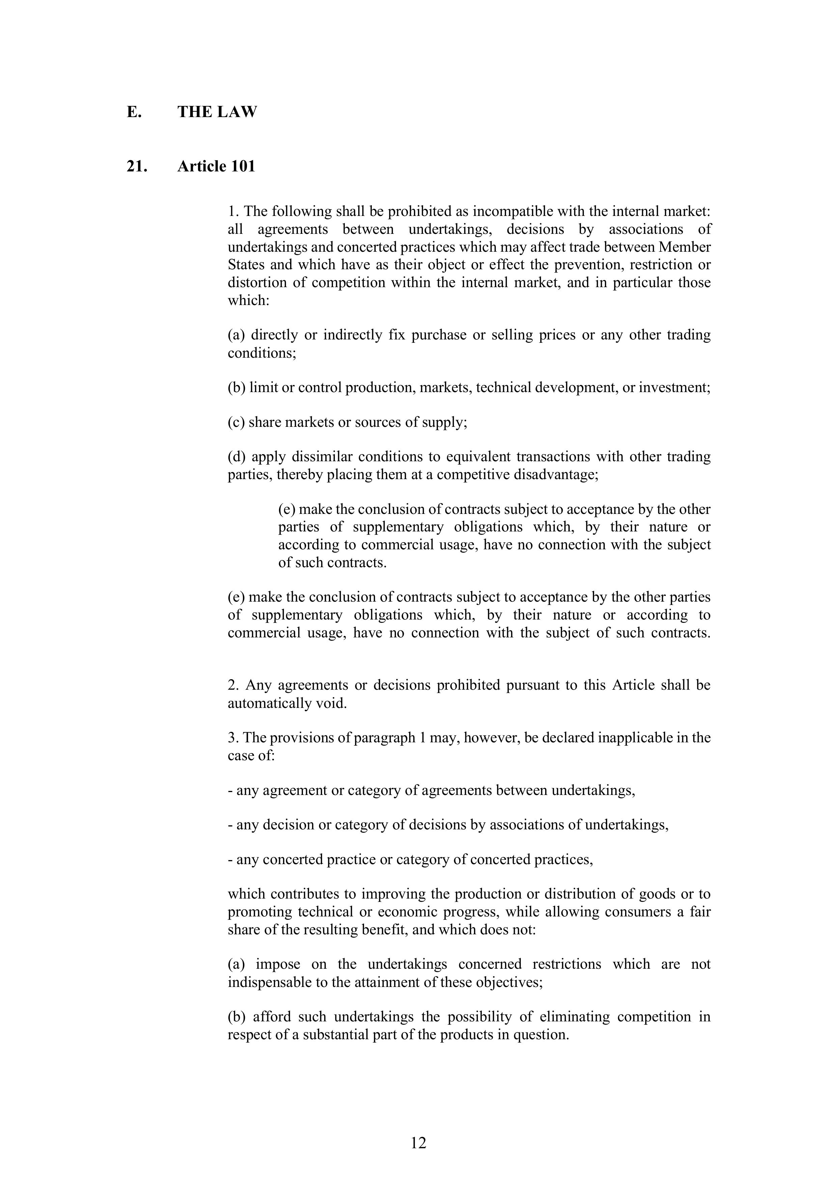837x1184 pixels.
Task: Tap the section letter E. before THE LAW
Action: (134, 112)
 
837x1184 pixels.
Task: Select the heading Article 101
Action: (216, 167)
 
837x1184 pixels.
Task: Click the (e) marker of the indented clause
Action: (287, 510)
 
